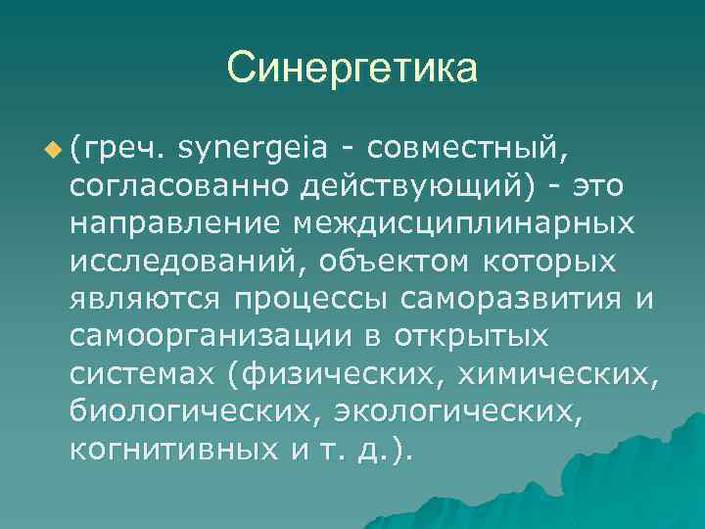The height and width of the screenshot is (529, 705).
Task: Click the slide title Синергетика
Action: click(352, 69)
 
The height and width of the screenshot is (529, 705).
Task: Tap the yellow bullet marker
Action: click(52, 148)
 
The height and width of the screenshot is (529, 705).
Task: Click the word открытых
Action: click(473, 337)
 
